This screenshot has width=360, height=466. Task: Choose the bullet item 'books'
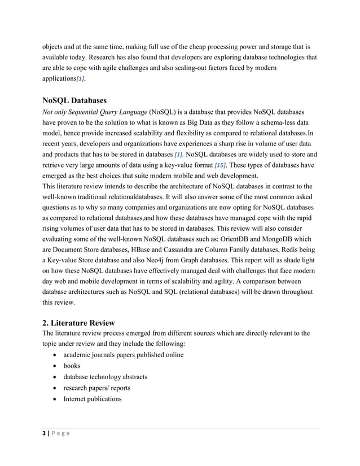pos(72,366)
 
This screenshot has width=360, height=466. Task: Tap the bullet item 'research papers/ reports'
pos(96,388)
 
